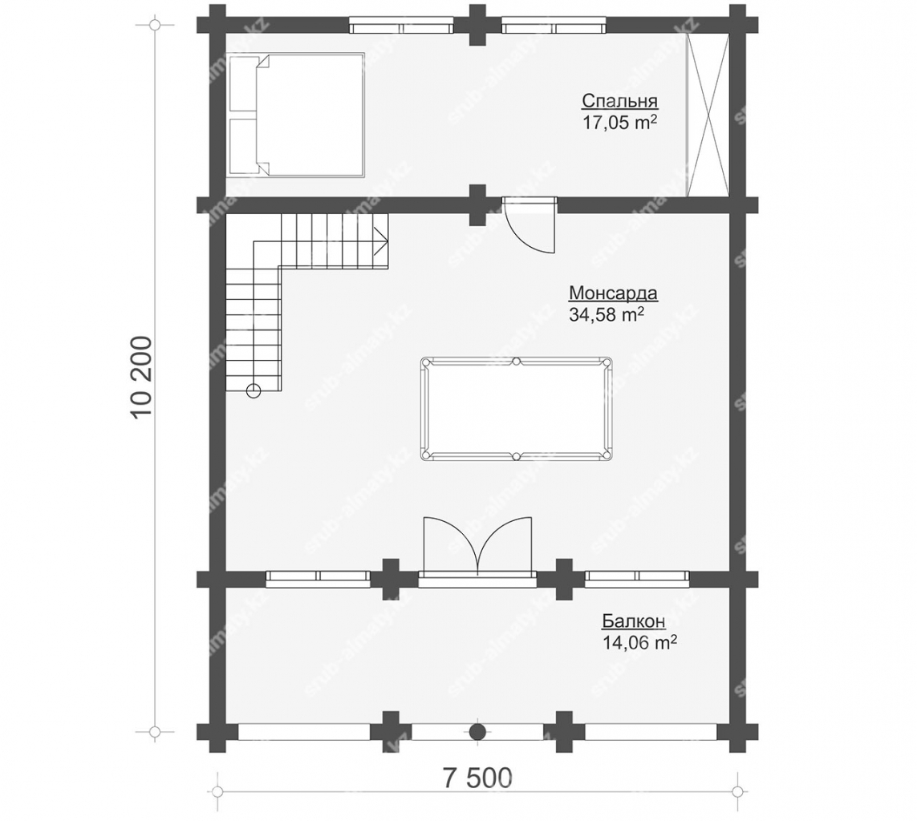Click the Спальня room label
(x=620, y=102)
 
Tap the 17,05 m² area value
(x=619, y=123)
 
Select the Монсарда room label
(x=614, y=293)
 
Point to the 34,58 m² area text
(x=607, y=315)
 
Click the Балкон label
(x=633, y=621)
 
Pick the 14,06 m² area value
(x=639, y=643)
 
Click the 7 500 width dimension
(x=477, y=778)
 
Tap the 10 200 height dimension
(x=142, y=377)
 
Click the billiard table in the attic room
(x=517, y=408)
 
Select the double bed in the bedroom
(x=296, y=115)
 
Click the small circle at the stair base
(x=254, y=391)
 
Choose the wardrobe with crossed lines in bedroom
(x=708, y=115)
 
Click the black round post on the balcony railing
(x=478, y=731)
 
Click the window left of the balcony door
(x=319, y=579)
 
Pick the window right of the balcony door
(x=637, y=579)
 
